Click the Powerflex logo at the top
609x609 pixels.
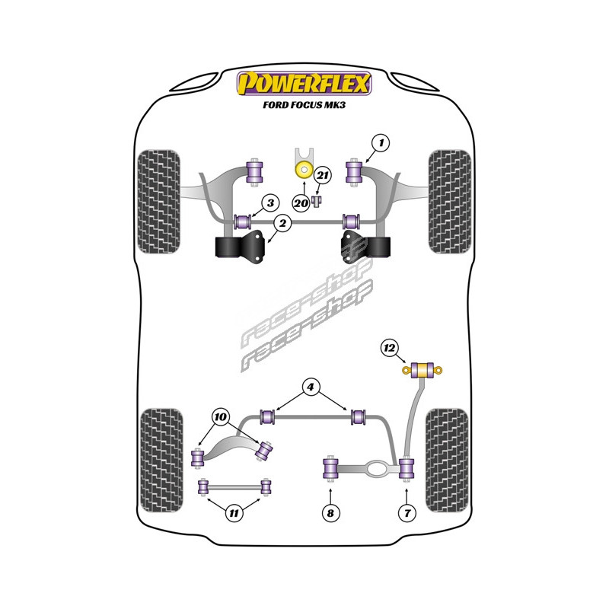304,82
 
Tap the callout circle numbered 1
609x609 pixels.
381,142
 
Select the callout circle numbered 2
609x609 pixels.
282,223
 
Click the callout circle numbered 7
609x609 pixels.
407,513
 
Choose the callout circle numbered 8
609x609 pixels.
330,513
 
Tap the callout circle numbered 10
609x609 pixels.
221,417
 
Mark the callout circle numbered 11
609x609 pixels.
234,513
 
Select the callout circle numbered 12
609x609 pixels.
390,349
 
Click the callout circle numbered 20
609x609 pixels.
301,202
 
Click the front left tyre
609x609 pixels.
160,187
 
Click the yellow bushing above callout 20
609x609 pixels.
304,169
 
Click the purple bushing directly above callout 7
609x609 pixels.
407,468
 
